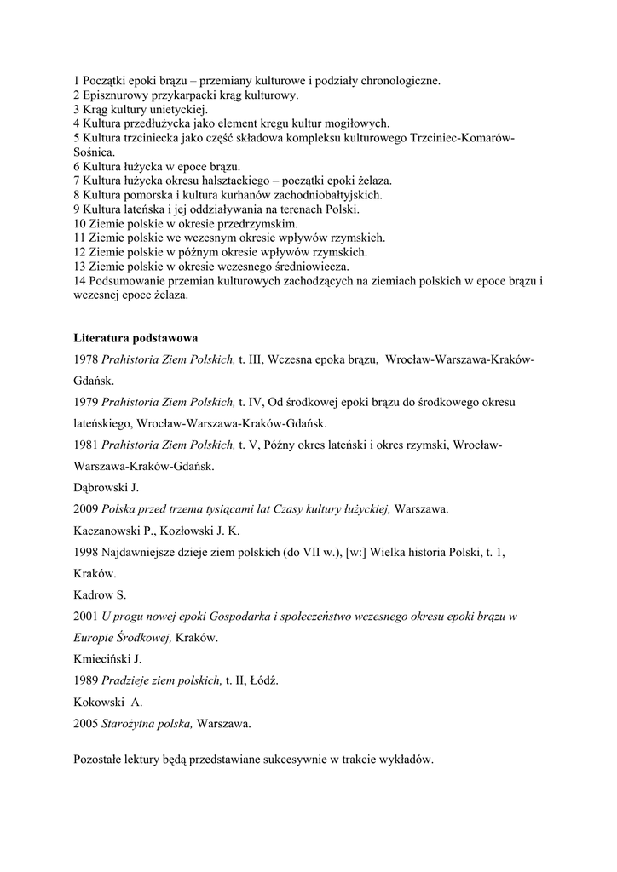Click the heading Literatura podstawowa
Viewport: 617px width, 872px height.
pos(136,338)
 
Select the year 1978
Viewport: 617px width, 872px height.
pos(86,360)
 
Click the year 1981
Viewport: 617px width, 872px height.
pos(86,445)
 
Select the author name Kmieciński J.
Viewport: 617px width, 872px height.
pos(107,658)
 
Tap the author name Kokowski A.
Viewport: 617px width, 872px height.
pos(108,703)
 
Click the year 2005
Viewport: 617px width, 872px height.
pos(86,724)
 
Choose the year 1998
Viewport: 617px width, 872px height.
pos(86,552)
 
